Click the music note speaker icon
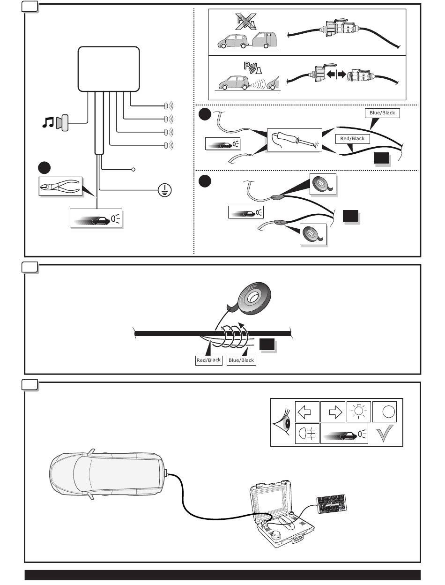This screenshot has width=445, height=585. click(x=55, y=123)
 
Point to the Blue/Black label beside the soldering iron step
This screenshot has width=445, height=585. click(x=382, y=113)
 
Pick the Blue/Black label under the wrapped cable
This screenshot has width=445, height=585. click(x=241, y=360)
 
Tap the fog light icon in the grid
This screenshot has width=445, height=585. click(x=307, y=434)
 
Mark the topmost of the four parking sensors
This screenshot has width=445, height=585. click(x=166, y=105)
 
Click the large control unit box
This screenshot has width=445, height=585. click(x=109, y=68)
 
